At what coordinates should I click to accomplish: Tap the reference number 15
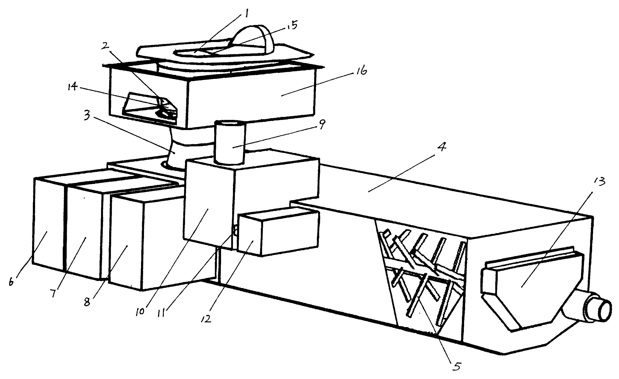[291, 26]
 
